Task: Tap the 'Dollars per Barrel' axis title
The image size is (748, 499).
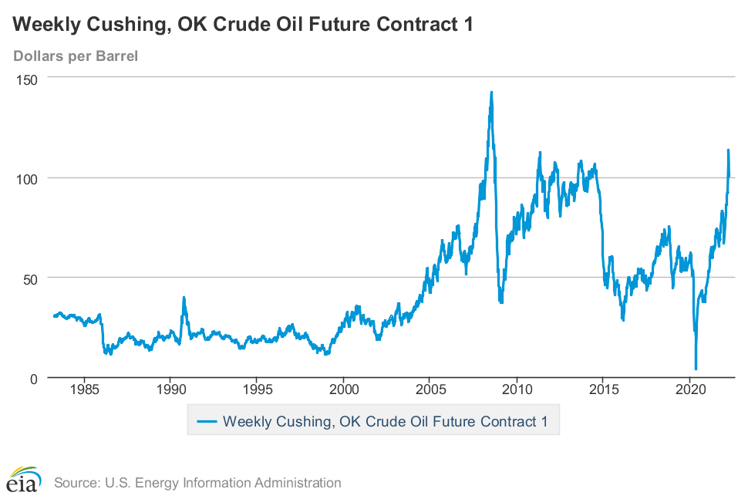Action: click(x=76, y=56)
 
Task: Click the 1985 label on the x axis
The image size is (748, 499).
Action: click(x=85, y=388)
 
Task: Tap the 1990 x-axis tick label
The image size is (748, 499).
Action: click(x=171, y=388)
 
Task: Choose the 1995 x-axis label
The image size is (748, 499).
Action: click(x=258, y=388)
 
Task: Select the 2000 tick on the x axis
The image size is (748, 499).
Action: click(x=345, y=388)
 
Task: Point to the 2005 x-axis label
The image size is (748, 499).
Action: click(x=431, y=388)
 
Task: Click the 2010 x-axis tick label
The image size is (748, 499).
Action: click(x=518, y=388)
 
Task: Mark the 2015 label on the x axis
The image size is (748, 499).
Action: click(x=605, y=388)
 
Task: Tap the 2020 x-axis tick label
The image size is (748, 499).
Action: click(x=692, y=388)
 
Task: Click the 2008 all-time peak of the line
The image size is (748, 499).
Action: click(x=491, y=93)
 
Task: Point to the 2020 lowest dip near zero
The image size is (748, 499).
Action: click(x=696, y=369)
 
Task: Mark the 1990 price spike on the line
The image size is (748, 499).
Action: click(x=184, y=298)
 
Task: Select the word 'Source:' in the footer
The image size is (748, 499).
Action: click(x=76, y=484)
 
